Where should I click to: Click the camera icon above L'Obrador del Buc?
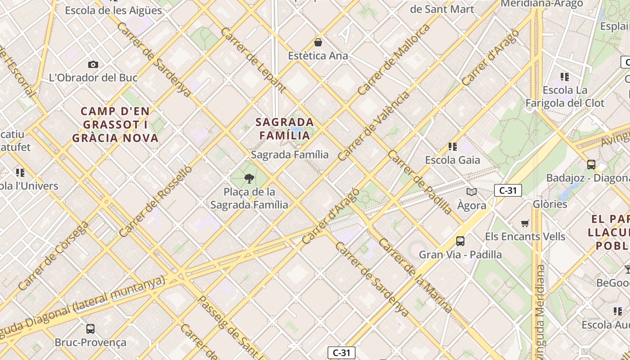click(93, 64)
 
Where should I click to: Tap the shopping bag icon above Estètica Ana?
click(318, 42)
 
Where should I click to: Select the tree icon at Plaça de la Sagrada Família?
click(249, 179)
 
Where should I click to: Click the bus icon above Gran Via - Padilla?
click(460, 241)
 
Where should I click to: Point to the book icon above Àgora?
click(472, 192)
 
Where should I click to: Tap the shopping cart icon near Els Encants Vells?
click(525, 223)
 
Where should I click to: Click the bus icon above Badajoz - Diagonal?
click(591, 165)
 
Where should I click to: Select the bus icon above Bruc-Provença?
click(90, 329)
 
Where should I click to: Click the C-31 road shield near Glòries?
click(508, 190)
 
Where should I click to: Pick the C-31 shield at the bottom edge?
click(341, 353)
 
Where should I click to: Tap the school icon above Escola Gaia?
click(453, 147)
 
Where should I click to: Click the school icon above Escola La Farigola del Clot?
click(565, 77)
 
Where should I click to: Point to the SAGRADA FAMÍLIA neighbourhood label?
click(285, 129)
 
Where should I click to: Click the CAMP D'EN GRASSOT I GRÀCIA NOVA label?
click(115, 125)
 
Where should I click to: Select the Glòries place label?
click(550, 204)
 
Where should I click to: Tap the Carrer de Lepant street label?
click(253, 60)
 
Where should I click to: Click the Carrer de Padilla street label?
click(419, 182)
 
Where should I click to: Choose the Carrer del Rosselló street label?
click(156, 201)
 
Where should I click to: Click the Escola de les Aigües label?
click(113, 10)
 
